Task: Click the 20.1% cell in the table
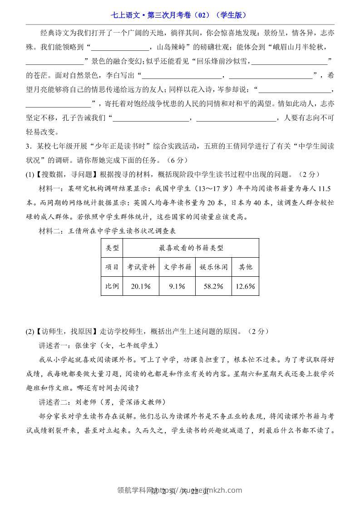point(141,286)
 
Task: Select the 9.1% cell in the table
point(177,286)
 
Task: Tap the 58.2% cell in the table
point(213,286)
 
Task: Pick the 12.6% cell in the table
point(246,286)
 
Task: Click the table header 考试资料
point(141,267)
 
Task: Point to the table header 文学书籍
point(177,267)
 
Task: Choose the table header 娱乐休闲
point(213,267)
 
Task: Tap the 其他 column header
point(246,267)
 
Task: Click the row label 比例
point(112,286)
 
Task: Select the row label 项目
point(112,267)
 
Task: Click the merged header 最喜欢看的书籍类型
point(191,248)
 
